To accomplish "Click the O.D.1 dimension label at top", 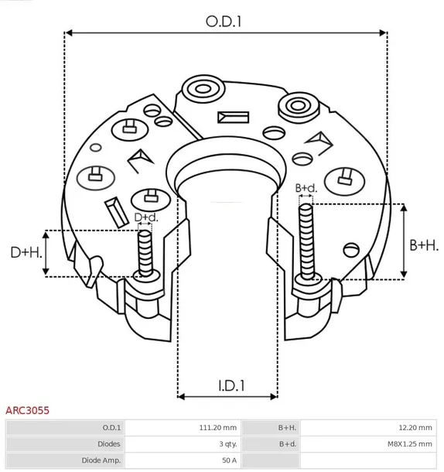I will coord(224,22).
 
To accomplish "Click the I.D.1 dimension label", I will coord(228,385).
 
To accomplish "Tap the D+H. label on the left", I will coord(25,252).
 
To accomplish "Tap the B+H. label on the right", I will coord(423,245).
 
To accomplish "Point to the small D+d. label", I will coord(146,217).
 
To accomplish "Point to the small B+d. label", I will coord(306,188).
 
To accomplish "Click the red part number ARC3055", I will coord(28,412).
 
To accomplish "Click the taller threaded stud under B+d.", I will coord(306,236).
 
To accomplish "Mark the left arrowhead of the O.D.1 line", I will coord(68,33).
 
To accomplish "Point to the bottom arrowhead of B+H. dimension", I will coord(403,275).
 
